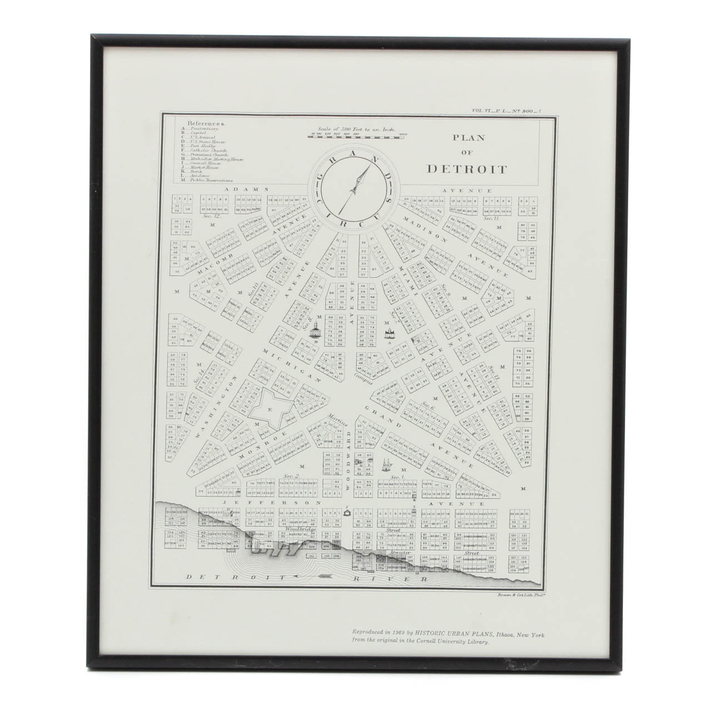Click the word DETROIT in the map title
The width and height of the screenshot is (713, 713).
466,169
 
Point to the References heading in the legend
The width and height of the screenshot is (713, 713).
206,123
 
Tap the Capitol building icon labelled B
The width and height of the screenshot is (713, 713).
316,331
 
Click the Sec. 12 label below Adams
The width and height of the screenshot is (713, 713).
212,217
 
